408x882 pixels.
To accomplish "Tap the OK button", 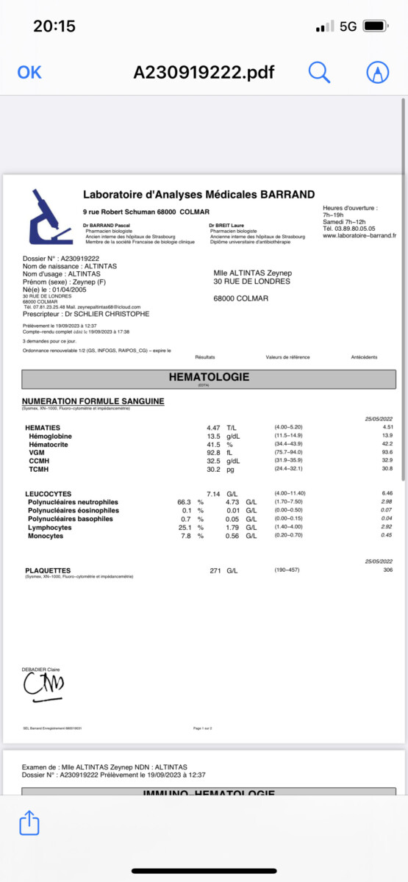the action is (x=29, y=72).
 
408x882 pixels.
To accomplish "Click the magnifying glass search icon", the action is (x=319, y=72).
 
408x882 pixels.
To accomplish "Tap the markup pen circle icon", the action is (x=378, y=72).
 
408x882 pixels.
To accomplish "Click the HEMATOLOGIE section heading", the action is (x=209, y=378).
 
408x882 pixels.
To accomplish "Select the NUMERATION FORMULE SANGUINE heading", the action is (x=93, y=401).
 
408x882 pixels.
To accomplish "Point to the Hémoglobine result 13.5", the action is (x=214, y=437).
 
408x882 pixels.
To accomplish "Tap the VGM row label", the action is (x=37, y=453).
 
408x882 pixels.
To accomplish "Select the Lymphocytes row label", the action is (x=50, y=528).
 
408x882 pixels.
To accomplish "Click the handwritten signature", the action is (x=43, y=685).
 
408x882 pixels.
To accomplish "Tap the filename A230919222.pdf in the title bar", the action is (x=204, y=72).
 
